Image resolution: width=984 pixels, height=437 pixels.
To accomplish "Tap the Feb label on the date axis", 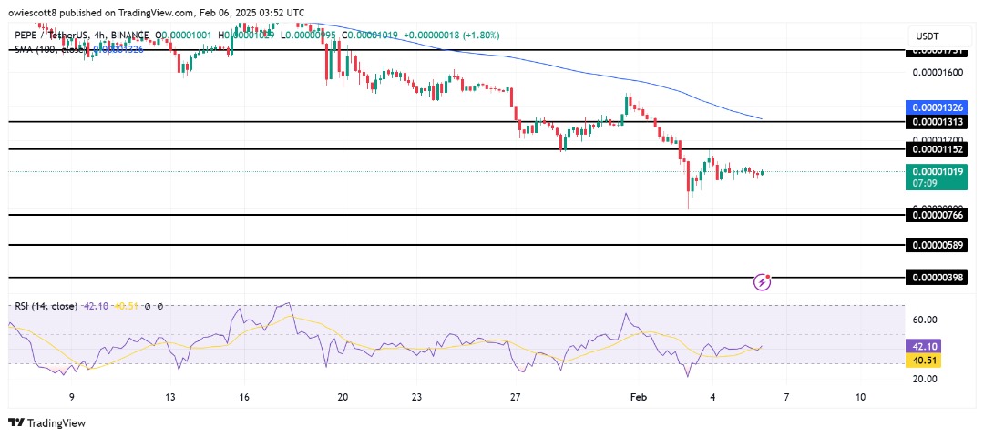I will [640, 397].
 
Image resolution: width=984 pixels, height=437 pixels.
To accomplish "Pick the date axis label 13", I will [170, 397].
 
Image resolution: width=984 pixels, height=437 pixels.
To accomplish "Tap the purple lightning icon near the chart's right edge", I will [763, 281].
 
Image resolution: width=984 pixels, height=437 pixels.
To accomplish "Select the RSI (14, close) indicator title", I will [45, 306].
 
